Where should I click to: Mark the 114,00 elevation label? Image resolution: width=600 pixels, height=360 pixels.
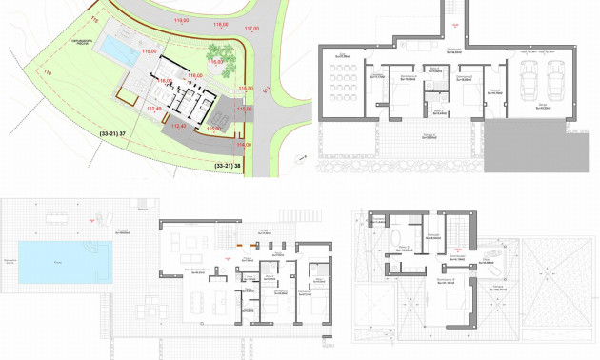click(x=243, y=144)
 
